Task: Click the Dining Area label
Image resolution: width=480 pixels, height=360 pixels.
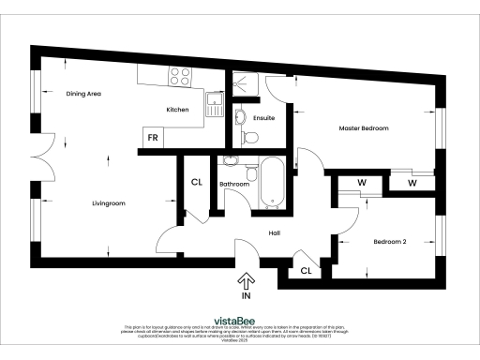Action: coord(83,94)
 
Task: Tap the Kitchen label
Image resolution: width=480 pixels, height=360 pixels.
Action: coord(177,110)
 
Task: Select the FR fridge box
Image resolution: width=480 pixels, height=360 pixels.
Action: coord(150,139)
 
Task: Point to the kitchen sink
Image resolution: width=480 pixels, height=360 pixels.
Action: coord(213,100)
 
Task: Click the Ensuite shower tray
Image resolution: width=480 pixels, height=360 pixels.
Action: coord(248,85)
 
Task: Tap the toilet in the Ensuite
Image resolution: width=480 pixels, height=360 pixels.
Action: coord(249,138)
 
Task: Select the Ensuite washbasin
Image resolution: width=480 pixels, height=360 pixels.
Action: coord(238,117)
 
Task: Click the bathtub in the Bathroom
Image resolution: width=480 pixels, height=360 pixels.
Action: coord(272,182)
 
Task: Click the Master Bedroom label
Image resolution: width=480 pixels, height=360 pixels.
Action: coord(363,127)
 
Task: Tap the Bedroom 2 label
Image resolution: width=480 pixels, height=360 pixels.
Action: coord(390,242)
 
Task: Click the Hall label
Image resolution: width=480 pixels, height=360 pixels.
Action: coord(275,233)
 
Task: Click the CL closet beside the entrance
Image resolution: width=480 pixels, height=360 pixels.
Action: coord(306,271)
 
